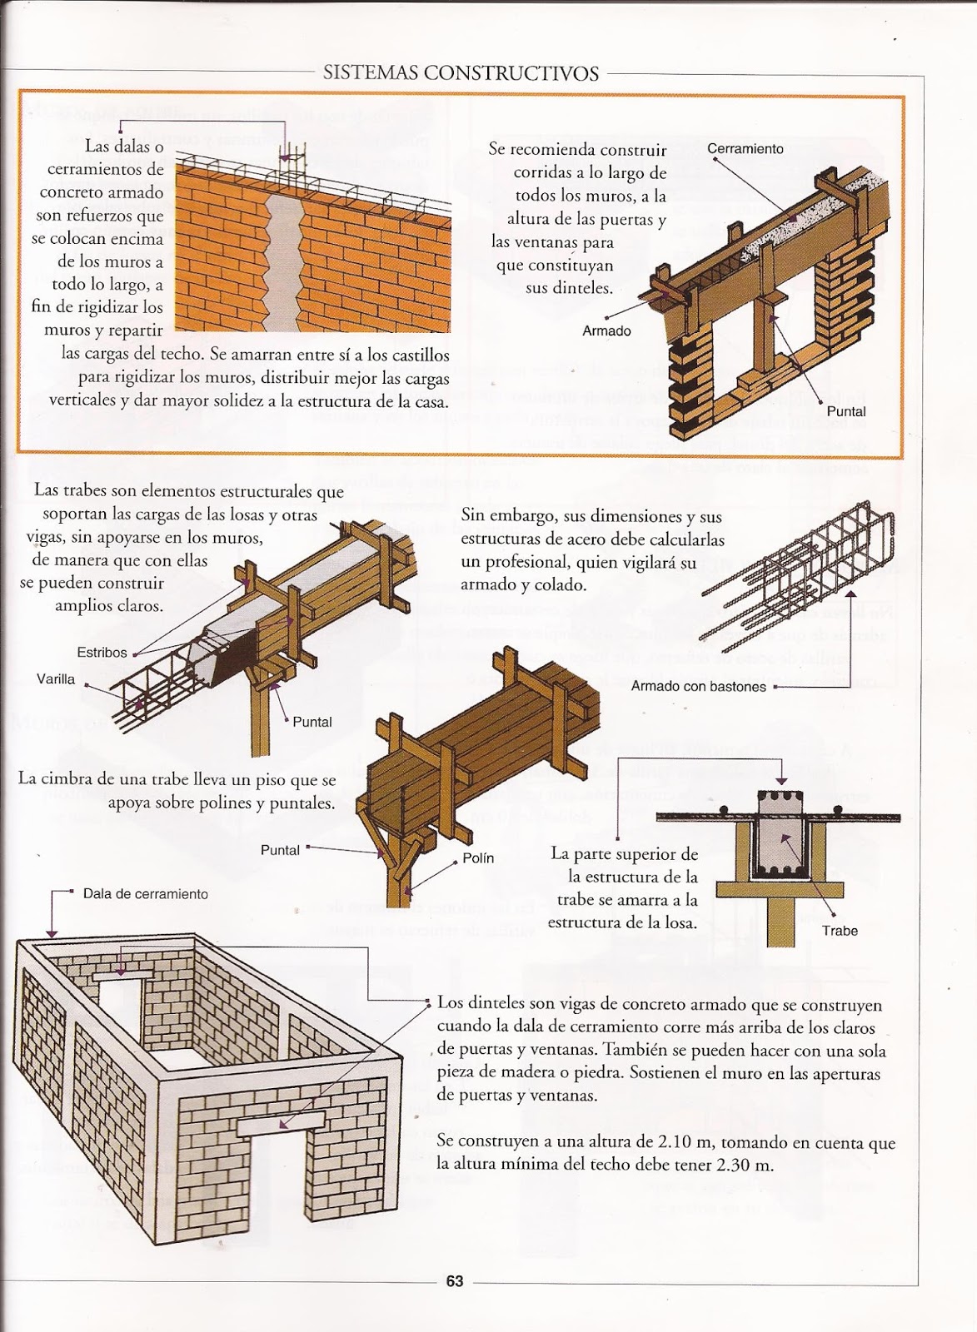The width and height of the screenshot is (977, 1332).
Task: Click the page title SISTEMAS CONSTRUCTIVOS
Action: [461, 73]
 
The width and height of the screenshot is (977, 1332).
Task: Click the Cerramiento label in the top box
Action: [745, 149]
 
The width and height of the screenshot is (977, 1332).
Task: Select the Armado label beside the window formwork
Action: [606, 331]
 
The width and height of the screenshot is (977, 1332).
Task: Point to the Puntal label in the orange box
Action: [846, 412]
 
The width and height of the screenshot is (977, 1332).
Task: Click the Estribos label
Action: [102, 653]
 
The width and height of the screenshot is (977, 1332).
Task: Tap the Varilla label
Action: [56, 679]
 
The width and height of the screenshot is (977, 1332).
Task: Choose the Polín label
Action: [478, 858]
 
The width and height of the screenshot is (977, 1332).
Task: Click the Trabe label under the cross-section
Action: [839, 931]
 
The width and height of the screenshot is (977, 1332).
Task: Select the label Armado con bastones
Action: [698, 687]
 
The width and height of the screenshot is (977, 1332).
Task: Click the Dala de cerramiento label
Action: [146, 894]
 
